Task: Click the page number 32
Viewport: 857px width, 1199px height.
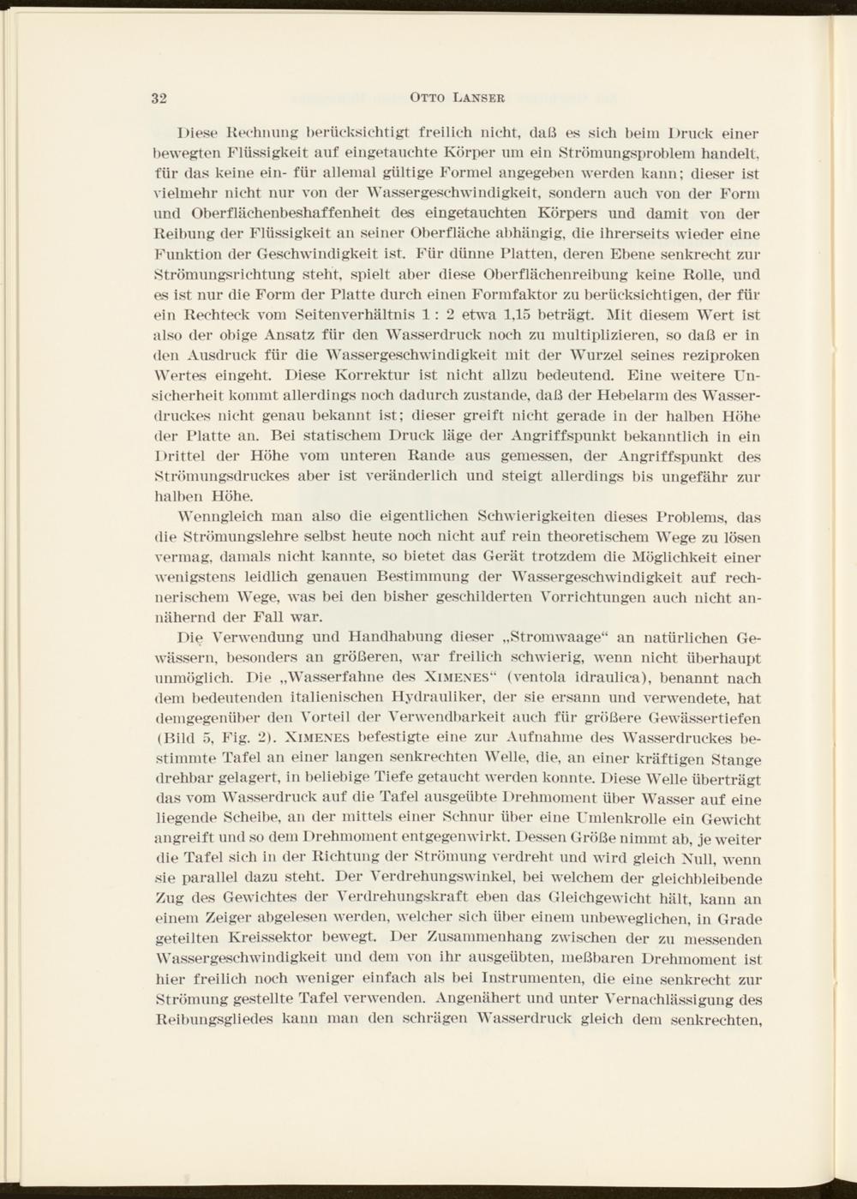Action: pos(159,98)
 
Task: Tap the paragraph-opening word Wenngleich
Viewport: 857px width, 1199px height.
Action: pos(220,517)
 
